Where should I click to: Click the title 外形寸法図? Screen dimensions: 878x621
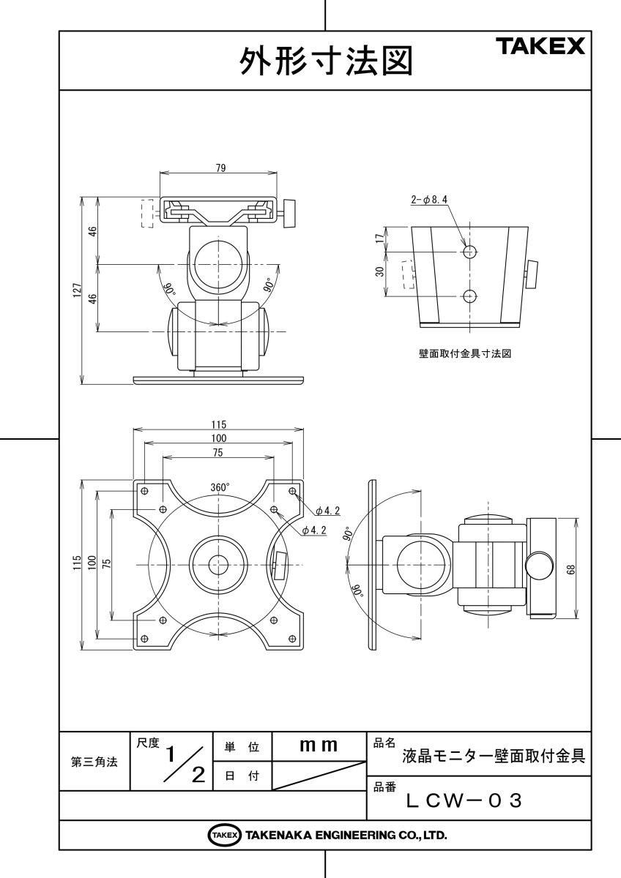326,61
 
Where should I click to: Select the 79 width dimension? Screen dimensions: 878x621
220,168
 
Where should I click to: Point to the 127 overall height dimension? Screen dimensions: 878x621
77,290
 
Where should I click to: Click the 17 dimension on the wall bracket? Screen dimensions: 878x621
379,239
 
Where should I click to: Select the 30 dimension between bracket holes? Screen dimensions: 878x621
379,273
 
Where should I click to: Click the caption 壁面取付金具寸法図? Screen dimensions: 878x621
464,353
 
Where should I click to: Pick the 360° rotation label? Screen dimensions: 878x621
220,487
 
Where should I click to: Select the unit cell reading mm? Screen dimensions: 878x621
319,746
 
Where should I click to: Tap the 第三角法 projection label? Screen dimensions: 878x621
94,762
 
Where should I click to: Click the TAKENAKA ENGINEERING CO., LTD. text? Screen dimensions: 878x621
346,835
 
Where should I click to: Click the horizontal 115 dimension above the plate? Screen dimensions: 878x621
218,425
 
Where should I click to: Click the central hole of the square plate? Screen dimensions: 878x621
217,564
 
